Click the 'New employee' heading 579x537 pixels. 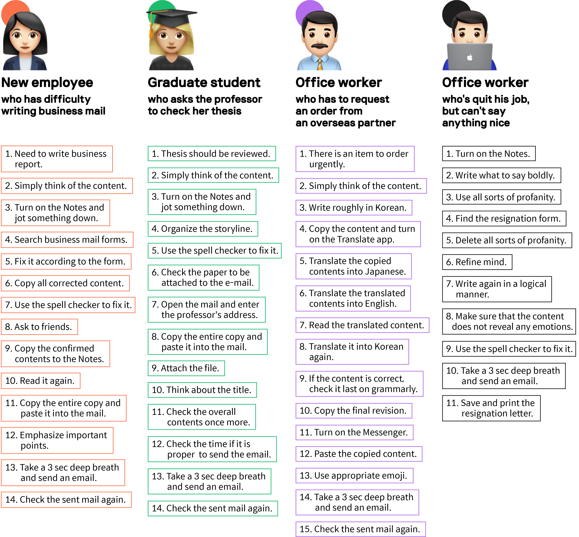click(47, 83)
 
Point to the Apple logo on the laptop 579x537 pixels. click(470, 57)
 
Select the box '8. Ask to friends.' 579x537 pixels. click(39, 327)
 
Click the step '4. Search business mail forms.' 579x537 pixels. click(67, 239)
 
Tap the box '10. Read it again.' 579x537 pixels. click(40, 381)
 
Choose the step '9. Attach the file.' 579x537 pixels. click(186, 368)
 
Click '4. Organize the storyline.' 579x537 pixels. click(202, 229)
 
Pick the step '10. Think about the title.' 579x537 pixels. click(202, 390)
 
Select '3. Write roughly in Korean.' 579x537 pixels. click(354, 207)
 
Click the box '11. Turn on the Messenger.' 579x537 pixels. click(354, 432)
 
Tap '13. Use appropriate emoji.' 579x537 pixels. click(354, 475)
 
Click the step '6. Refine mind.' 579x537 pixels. click(477, 262)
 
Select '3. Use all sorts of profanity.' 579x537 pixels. click(501, 197)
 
